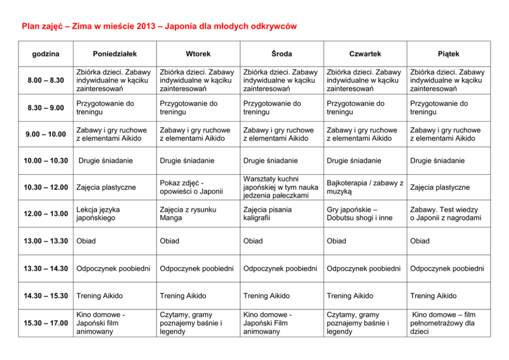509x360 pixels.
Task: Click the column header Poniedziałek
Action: (x=114, y=54)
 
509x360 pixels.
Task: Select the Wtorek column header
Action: (x=198, y=54)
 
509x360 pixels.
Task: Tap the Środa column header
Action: (x=282, y=54)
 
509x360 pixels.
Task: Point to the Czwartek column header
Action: (x=365, y=54)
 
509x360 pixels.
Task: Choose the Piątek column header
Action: (x=448, y=54)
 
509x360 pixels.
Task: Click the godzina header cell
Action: (x=46, y=54)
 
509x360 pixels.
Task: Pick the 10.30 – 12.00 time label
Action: (x=46, y=187)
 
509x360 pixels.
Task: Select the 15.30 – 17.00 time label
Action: (x=46, y=323)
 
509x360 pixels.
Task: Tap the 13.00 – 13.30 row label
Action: (x=46, y=241)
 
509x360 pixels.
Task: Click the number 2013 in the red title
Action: (x=146, y=26)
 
